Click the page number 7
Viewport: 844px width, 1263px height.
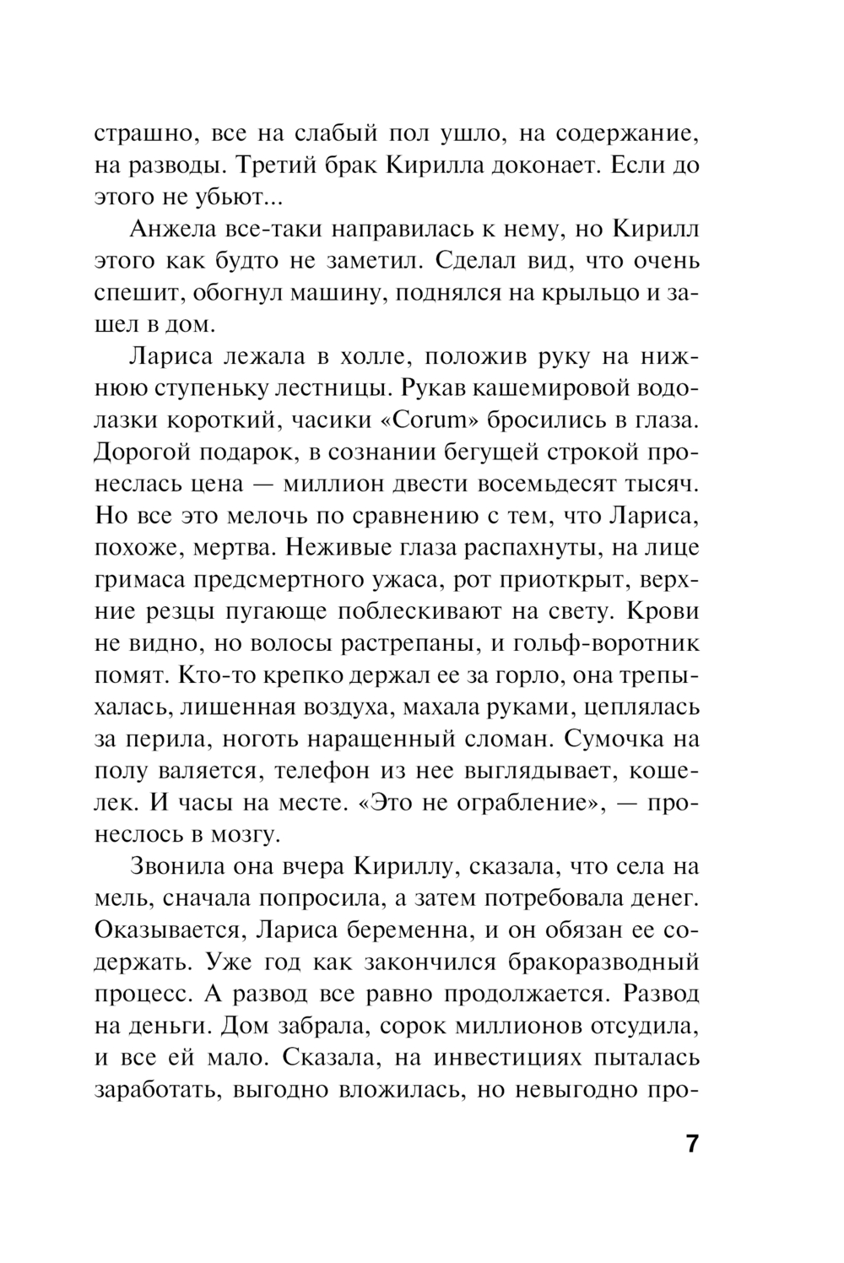click(x=691, y=1146)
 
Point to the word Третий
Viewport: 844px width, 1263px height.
click(x=276, y=166)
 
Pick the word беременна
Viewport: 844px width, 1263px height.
click(x=407, y=930)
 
